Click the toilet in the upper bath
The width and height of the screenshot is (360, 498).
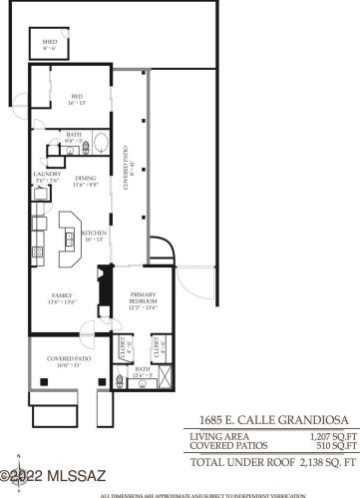click(x=86, y=149)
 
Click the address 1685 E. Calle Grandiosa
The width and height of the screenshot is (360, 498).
click(x=266, y=420)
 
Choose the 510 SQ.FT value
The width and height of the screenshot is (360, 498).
click(x=336, y=446)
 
